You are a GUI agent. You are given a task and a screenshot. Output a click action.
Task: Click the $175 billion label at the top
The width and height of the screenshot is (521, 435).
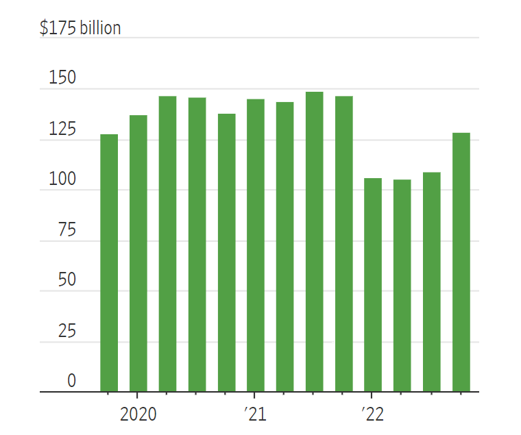tap(80, 28)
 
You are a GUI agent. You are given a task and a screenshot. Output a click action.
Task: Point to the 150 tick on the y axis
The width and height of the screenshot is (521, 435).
tap(62, 78)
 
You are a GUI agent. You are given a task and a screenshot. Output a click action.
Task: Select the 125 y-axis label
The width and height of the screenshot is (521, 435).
tap(62, 129)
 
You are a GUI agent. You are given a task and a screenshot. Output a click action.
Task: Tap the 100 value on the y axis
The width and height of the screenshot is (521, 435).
tap(62, 179)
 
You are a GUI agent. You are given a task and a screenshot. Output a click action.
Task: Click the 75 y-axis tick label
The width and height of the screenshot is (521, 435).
tap(66, 230)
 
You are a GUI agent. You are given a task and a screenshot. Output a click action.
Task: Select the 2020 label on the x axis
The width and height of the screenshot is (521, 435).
tap(138, 414)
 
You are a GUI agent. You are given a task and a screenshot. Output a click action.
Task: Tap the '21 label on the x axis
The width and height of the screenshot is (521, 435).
tap(254, 414)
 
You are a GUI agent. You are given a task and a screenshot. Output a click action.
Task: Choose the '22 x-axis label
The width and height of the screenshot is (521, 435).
tap(372, 414)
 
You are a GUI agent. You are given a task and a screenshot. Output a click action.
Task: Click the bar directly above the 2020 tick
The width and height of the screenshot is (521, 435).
tap(138, 253)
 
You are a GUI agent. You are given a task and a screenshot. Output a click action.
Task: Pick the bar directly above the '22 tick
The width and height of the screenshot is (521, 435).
tap(372, 285)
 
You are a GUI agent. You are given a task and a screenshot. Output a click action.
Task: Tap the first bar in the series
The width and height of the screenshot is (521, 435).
tap(109, 263)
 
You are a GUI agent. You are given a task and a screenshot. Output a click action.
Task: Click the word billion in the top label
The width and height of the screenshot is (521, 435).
tap(100, 28)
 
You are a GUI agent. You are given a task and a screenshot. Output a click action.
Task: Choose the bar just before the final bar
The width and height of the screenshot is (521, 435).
tap(431, 282)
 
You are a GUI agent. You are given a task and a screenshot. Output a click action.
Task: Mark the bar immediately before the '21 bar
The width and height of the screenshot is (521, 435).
tap(226, 253)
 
